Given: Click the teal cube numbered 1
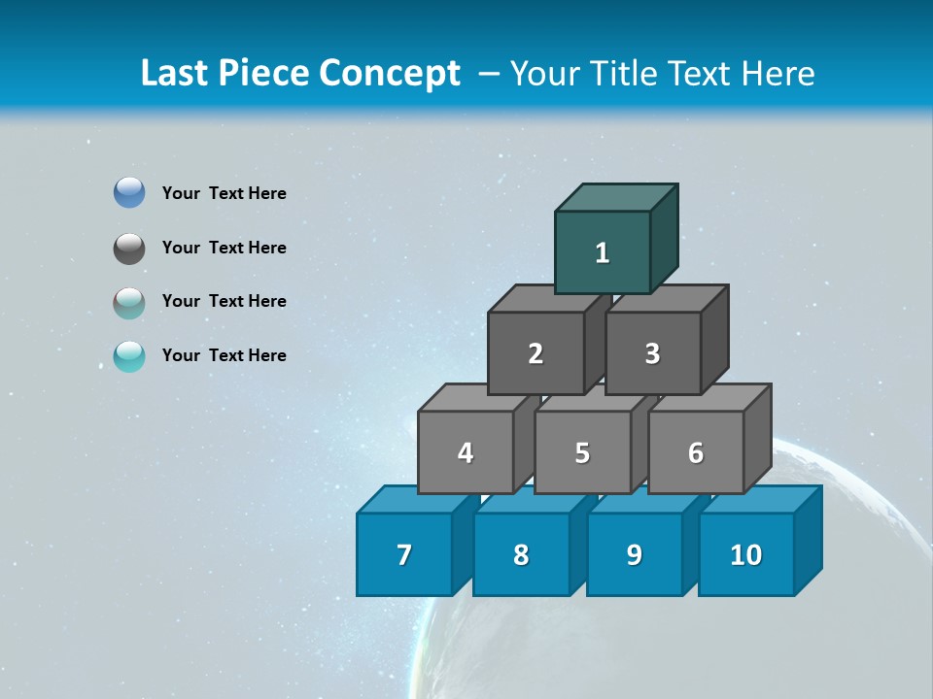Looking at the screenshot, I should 603,252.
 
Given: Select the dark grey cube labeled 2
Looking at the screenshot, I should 536,353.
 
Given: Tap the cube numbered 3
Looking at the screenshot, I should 652,353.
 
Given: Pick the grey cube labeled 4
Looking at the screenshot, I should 466,452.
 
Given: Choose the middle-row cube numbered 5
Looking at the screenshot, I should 582,452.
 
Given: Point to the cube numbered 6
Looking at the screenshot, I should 696,452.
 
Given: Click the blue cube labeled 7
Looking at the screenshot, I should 404,554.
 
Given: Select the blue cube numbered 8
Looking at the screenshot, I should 521,554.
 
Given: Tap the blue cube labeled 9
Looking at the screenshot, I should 635,554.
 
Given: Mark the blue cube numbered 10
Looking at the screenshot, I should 746,554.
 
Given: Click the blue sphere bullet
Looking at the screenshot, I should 129,193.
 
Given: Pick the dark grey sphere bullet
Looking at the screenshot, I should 129,248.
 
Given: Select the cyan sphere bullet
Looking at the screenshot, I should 129,356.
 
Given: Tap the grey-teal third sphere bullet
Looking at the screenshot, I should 129,302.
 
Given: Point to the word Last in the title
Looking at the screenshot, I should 176,74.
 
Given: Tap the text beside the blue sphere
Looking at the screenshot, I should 225,193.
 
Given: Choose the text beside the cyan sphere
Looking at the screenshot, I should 225,355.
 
